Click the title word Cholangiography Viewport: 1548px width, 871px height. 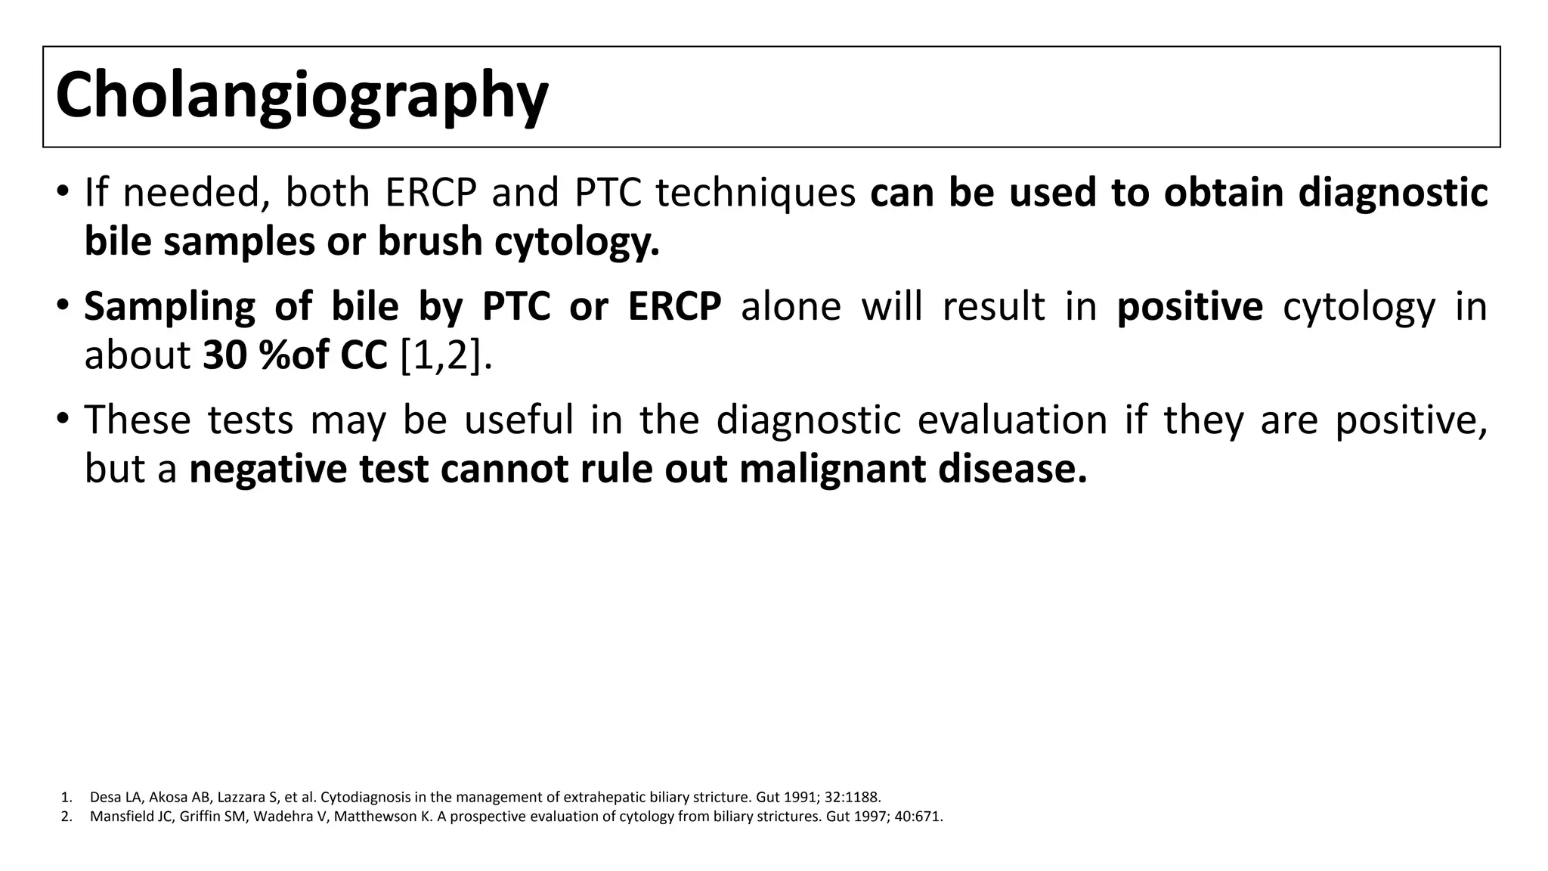(x=301, y=96)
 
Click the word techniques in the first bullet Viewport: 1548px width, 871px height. (x=755, y=193)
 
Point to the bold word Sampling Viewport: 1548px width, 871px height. (x=169, y=307)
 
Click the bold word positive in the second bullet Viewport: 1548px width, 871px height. (x=1189, y=307)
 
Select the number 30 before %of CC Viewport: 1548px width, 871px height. (x=224, y=355)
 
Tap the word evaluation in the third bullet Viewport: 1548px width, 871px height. (x=1012, y=420)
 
